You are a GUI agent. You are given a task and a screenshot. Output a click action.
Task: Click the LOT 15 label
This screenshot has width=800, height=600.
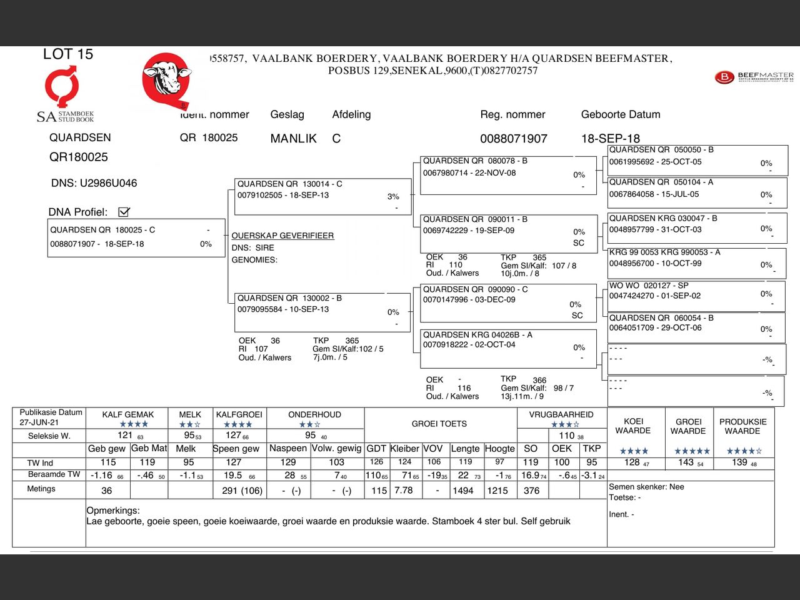67,54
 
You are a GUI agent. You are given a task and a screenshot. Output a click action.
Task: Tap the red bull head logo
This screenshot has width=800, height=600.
166,79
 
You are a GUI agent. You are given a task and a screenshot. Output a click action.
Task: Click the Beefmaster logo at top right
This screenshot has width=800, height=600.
753,77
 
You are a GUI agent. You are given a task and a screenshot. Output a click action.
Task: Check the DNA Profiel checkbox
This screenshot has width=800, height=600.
124,212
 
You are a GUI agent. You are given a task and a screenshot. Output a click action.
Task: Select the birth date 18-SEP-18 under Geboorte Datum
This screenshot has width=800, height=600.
610,139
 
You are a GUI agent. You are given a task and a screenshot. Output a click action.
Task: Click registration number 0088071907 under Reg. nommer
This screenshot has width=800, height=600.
513,139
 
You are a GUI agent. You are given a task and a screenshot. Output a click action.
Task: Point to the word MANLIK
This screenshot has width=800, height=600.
293,139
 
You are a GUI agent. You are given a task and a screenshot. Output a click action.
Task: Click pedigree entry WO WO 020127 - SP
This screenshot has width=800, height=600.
649,286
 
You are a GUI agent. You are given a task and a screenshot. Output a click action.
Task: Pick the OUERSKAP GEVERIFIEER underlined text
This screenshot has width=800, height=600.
282,236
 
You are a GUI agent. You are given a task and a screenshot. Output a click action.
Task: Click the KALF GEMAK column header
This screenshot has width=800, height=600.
128,414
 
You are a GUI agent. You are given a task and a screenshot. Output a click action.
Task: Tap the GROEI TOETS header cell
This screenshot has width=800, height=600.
439,424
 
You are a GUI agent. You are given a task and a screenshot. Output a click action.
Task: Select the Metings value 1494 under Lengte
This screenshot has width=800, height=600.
463,491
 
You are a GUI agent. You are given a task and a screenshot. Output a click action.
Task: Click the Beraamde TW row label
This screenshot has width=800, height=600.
54,474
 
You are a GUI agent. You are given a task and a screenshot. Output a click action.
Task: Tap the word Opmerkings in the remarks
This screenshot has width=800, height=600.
113,511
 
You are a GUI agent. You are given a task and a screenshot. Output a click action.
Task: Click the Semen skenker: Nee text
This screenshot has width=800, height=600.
646,487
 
